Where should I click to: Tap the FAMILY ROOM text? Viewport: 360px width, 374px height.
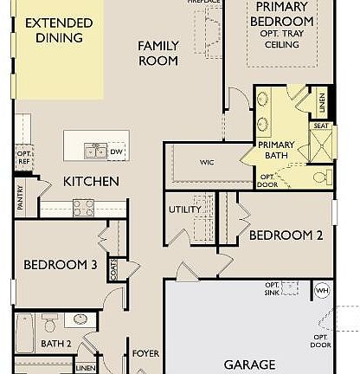click(x=158, y=53)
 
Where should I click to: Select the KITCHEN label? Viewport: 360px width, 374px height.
click(x=91, y=182)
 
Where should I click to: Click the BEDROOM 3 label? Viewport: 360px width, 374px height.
click(x=60, y=265)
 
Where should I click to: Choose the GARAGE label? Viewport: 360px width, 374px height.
click(x=250, y=364)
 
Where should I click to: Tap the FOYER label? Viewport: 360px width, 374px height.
click(x=145, y=353)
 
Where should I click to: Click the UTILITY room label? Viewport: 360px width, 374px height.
click(x=184, y=210)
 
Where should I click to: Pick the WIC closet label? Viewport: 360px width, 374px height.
click(x=205, y=161)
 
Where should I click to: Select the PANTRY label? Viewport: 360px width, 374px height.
click(x=20, y=197)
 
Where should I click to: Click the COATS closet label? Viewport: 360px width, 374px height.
click(x=113, y=271)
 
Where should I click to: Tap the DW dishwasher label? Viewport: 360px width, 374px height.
click(x=117, y=152)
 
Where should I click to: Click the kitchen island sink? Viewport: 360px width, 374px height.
click(x=95, y=152)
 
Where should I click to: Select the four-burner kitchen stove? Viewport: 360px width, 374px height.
click(x=84, y=208)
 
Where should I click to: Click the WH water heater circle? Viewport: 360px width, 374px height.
click(x=322, y=290)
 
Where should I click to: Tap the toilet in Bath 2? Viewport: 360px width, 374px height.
click(x=50, y=324)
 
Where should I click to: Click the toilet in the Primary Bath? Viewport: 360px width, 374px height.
click(x=320, y=177)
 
